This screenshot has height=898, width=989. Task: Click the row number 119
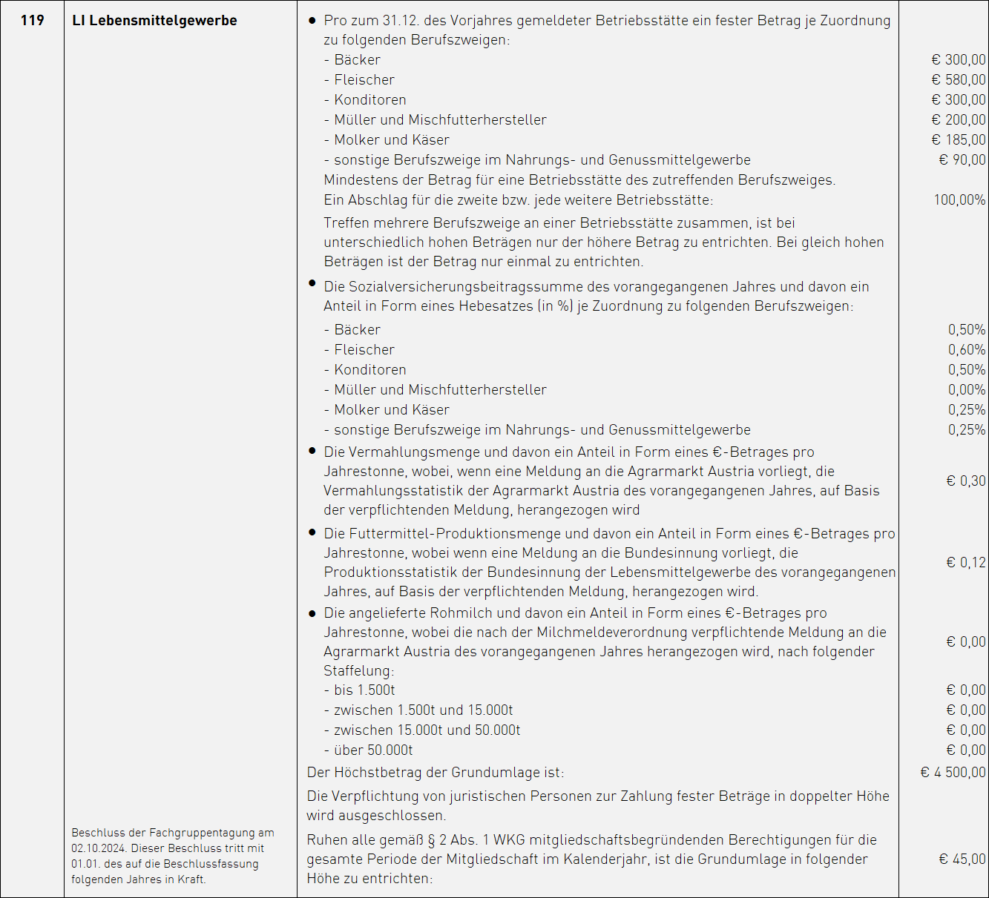32,21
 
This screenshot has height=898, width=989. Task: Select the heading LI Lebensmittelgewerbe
154,21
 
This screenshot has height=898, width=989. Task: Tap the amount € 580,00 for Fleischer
959,80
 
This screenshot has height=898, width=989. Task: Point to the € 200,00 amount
959,120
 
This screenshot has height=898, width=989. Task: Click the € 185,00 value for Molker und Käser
959,140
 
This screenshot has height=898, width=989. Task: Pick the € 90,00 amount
962,160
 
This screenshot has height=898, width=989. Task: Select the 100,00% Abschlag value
959,200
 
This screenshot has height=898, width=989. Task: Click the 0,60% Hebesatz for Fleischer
967,350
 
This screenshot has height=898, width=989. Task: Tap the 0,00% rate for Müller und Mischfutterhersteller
967,390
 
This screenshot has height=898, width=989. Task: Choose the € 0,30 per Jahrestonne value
966,481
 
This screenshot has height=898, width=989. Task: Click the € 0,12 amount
966,563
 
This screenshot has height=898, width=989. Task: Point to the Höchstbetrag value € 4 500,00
953,773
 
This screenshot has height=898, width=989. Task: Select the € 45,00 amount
962,859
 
